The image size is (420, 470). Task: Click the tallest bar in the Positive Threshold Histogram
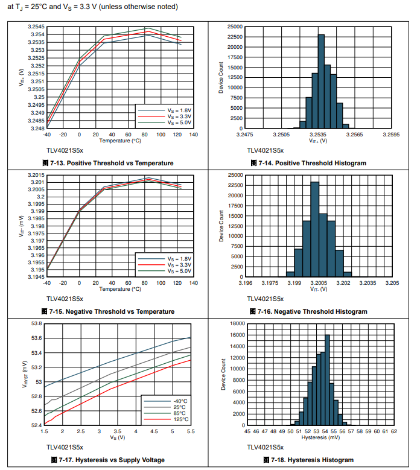321,81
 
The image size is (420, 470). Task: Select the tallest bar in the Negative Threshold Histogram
314,229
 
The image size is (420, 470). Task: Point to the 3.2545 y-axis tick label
36,27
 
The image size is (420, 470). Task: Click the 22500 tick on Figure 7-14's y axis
234,37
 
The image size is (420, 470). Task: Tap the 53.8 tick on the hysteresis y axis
34,324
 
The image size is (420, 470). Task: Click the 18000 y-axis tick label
234,324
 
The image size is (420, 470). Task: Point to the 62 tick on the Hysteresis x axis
393,431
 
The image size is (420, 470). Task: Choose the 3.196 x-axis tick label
245,282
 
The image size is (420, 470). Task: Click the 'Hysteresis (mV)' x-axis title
317,437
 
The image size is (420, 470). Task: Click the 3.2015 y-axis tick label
36,175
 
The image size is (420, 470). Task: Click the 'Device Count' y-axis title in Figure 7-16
221,226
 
